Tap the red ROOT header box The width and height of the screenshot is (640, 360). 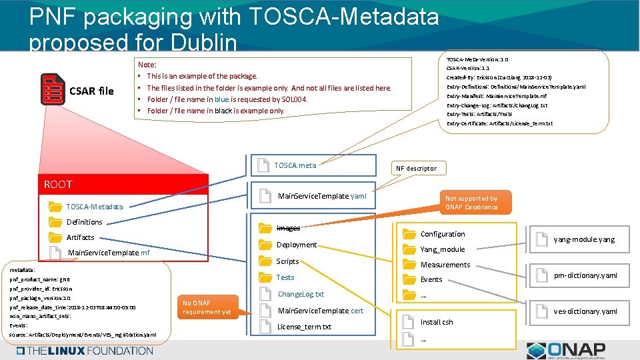tap(125, 185)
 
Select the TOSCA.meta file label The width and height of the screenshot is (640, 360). tap(295, 165)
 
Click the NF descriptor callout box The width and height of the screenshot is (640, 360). tap(417, 168)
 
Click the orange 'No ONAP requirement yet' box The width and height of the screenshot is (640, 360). tap(207, 307)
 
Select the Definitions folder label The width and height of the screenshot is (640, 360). tap(85, 222)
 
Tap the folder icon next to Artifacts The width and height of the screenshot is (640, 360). tap(55, 237)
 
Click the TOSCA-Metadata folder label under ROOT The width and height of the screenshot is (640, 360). tap(95, 207)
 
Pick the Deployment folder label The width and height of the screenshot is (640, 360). tap(297, 245)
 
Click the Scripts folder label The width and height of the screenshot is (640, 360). tap(287, 261)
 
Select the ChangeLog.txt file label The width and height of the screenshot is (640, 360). tap(301, 294)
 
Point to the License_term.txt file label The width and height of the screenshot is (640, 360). tap(304, 327)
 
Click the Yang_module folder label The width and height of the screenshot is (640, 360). tap(443, 249)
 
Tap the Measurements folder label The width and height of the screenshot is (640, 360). tap(445, 265)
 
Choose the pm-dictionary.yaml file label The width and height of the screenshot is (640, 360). tap(585, 275)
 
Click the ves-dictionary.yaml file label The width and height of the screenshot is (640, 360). tap(585, 311)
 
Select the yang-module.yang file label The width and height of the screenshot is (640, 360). tap(584, 239)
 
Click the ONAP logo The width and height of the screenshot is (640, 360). tap(565, 349)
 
